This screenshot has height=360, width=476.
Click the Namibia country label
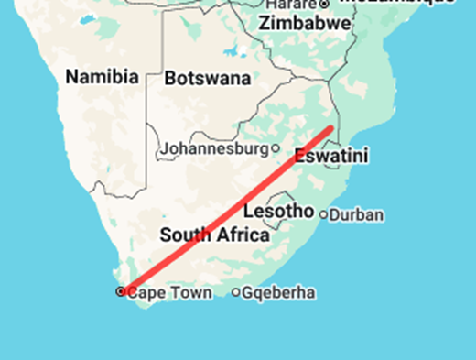102,77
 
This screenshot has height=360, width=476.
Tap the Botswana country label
207,79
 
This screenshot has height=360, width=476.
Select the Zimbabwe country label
304,24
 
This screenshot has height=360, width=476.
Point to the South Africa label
214,235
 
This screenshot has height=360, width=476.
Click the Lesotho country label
278,212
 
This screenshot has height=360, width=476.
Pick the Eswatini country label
331,157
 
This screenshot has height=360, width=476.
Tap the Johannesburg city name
215,147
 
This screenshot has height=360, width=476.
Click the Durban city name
356,215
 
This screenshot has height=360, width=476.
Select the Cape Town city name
169,293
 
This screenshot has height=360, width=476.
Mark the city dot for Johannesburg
276,147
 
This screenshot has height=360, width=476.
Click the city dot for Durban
322,214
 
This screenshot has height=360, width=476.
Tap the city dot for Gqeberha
236,293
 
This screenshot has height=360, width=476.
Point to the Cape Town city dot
121,292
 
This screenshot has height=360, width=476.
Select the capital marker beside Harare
323,5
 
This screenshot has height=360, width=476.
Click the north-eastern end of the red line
330,128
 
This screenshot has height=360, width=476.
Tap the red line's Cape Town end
123,290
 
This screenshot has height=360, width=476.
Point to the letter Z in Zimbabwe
265,24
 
